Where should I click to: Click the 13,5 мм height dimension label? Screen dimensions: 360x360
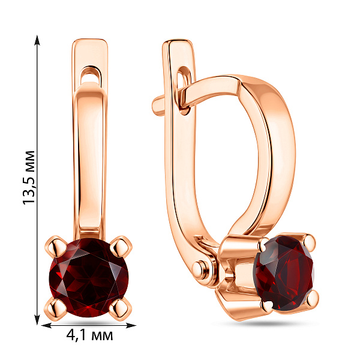[29, 177]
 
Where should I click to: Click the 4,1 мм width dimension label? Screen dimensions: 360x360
[89, 335]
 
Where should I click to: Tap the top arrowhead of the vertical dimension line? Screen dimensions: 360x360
[37, 40]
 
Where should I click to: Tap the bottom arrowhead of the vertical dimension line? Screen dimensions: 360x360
[37, 319]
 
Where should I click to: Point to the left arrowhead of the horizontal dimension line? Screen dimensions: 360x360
[47, 325]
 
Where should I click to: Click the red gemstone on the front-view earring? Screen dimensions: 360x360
[89, 278]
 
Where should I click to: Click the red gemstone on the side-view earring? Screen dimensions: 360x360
[284, 273]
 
